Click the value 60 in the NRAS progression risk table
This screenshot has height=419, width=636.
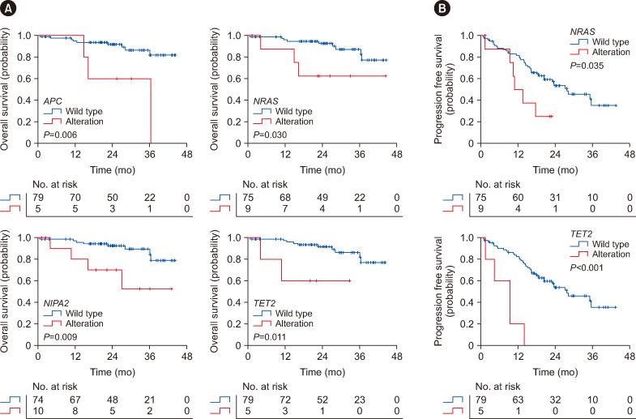[x=519, y=197]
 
